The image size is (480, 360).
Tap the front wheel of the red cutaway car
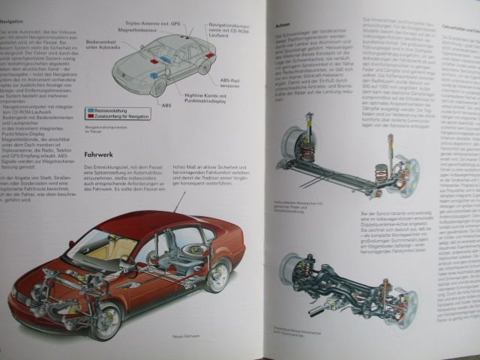point(104,319)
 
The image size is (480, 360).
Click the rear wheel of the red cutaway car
point(217,274)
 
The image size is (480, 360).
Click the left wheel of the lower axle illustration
point(293,271)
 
